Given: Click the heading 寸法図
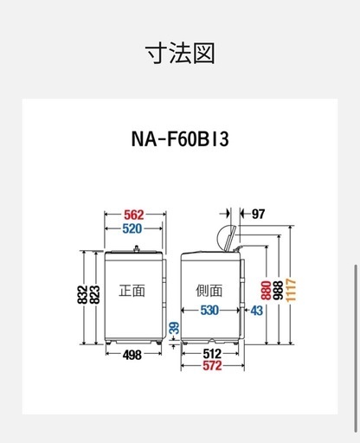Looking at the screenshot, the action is [180, 53].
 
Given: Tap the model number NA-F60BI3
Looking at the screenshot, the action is [180, 138].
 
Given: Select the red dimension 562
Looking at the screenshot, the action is [134, 215].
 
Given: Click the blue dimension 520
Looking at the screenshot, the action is [132, 228].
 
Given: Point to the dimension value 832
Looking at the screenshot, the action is [82, 294].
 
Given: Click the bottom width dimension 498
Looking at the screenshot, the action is [132, 355].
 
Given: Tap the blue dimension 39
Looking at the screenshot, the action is [174, 328].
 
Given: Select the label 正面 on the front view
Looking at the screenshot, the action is [132, 291].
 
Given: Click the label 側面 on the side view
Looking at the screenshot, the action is [209, 291].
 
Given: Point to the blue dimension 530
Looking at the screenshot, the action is [209, 311].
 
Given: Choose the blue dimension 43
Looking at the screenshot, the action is [256, 311].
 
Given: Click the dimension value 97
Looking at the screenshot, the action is [258, 214].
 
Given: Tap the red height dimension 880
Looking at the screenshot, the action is [267, 291].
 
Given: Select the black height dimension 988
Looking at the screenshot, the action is [279, 291].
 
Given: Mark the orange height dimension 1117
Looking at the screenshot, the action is [291, 290].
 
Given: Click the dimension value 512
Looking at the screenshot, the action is [212, 354].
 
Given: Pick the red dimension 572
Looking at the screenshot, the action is [212, 366].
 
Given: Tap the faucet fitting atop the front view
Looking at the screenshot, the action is [137, 248].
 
